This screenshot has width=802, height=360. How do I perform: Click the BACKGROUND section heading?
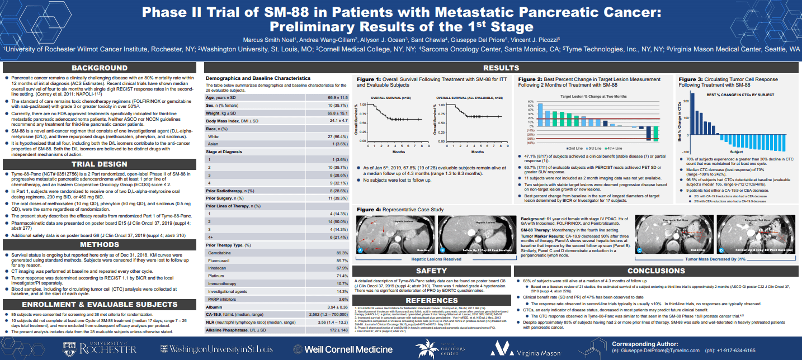point(99,68)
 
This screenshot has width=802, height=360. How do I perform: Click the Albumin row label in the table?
point(215,307)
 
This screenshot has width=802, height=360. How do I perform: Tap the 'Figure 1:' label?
point(369,80)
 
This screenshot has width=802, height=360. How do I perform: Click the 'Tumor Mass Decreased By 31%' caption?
point(707,259)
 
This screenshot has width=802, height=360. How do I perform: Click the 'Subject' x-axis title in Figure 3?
point(737,151)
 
